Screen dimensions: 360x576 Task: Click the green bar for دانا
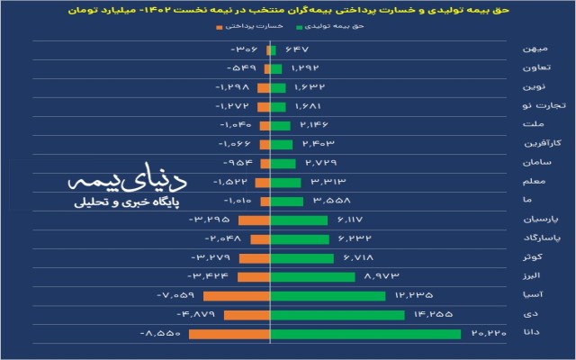click(364, 334)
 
